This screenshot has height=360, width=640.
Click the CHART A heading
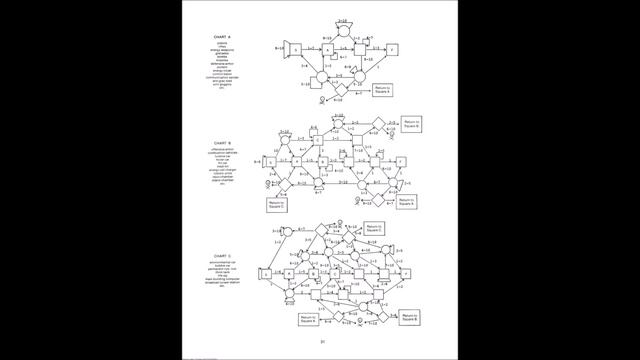(222, 38)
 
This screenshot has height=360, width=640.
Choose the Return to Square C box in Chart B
(277, 205)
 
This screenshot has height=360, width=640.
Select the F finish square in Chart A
(394, 49)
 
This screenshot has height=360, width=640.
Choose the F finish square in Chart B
(400, 161)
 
